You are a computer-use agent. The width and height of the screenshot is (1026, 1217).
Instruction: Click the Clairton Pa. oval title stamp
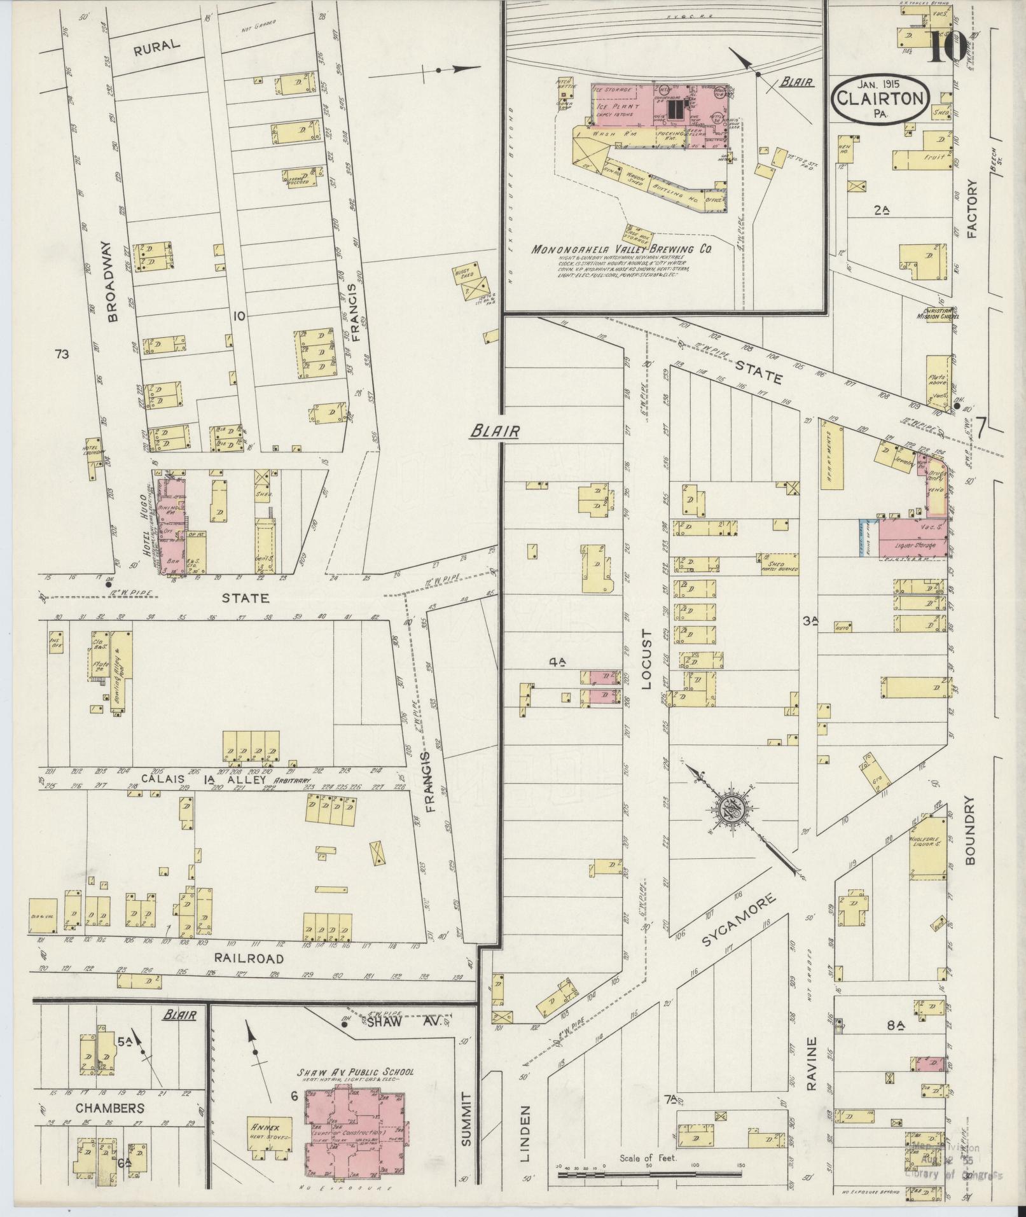click(x=880, y=99)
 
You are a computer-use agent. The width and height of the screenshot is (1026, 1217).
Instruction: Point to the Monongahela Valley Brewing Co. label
click(x=621, y=250)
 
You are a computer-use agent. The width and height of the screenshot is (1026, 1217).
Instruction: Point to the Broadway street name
click(x=114, y=282)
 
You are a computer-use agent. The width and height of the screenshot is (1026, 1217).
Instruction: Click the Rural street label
click(x=156, y=45)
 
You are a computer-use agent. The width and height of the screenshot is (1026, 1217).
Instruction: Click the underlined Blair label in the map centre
click(x=496, y=431)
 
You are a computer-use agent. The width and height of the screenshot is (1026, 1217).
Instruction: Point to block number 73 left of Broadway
click(x=62, y=354)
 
